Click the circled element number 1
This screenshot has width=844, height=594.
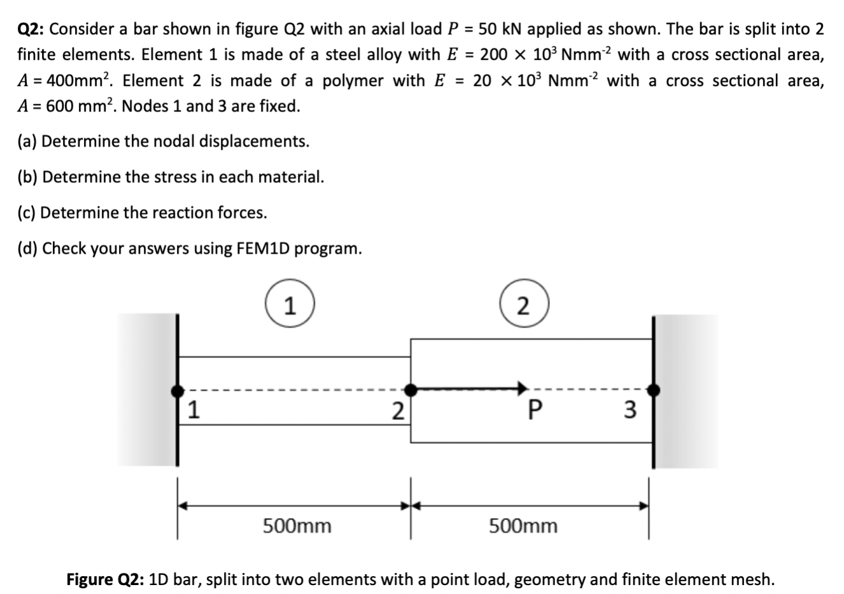pos(289,307)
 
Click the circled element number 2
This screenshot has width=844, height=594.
pos(523,307)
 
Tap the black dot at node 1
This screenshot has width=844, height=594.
pos(178,389)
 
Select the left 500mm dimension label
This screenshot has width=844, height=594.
pos(297,526)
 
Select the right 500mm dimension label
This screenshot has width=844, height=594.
pos(523,526)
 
